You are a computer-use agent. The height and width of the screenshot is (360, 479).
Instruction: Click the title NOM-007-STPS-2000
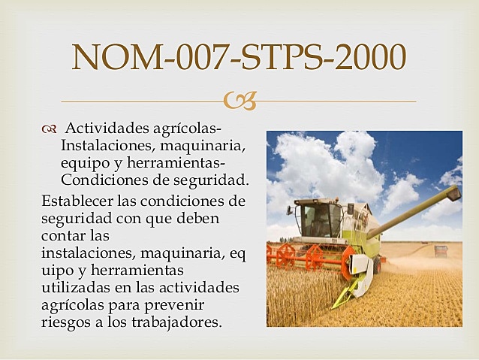239,57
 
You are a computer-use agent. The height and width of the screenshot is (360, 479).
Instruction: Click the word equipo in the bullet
86,163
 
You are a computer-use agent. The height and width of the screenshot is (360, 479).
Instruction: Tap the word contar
65,236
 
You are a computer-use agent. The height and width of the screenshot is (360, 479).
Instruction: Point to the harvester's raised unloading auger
420,207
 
